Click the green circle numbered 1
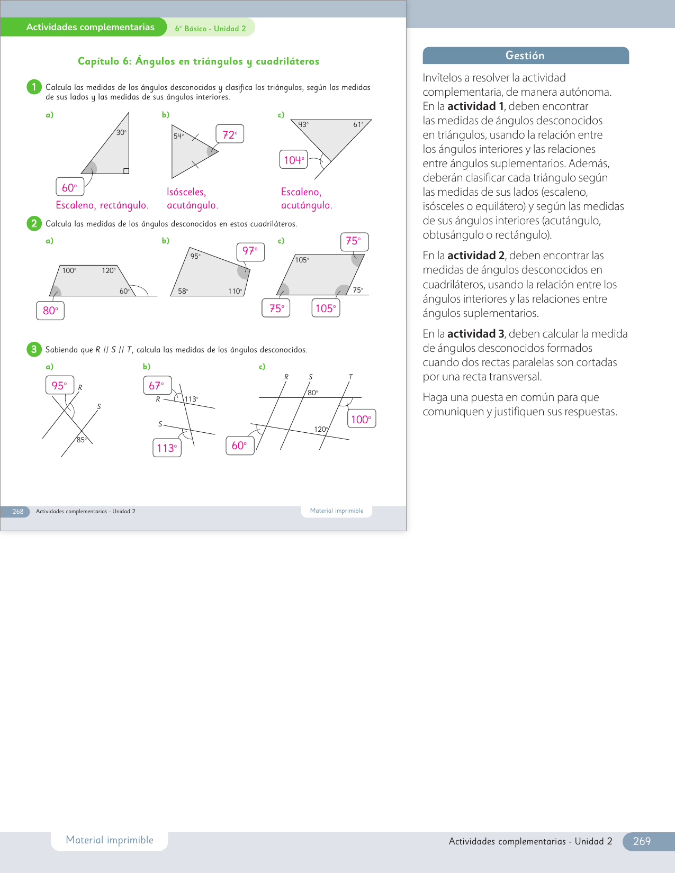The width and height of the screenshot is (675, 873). pyautogui.click(x=34, y=87)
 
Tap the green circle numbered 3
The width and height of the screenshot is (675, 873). pyautogui.click(x=34, y=349)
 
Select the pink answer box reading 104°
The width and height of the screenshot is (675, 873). pyautogui.click(x=293, y=160)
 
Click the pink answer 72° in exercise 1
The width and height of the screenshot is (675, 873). pyautogui.click(x=230, y=134)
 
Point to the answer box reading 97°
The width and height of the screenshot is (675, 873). pyautogui.click(x=250, y=251)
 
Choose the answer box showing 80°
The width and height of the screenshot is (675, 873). pyautogui.click(x=50, y=311)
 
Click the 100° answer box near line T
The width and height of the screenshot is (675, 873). pyautogui.click(x=361, y=419)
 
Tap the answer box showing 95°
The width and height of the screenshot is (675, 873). pyautogui.click(x=59, y=386)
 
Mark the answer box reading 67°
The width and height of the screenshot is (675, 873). pyautogui.click(x=157, y=386)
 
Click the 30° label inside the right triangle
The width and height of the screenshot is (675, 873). pyautogui.click(x=121, y=133)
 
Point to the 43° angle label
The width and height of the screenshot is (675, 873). pyautogui.click(x=303, y=125)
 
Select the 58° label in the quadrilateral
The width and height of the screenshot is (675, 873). pyautogui.click(x=183, y=291)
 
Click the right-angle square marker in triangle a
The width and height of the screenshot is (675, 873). pyautogui.click(x=126, y=171)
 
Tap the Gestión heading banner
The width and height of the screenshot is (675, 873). pyautogui.click(x=525, y=56)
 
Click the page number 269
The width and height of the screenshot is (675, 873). pyautogui.click(x=642, y=841)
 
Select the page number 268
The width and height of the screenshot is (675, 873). pyautogui.click(x=18, y=512)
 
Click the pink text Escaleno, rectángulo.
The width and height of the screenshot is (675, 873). pyautogui.click(x=102, y=205)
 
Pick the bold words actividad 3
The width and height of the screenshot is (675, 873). pyautogui.click(x=475, y=334)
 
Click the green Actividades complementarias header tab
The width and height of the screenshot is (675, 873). pyautogui.click(x=91, y=28)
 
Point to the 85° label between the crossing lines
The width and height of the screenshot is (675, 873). pyautogui.click(x=81, y=440)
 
